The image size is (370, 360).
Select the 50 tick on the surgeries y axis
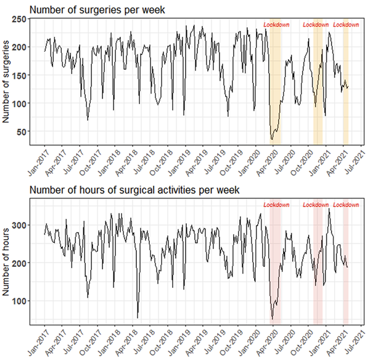click(23, 131)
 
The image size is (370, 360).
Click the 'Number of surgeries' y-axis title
click(7, 81)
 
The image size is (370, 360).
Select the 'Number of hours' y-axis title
click(7, 264)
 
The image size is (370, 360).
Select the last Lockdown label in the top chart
click(346, 25)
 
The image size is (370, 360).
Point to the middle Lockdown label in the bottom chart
click(316, 205)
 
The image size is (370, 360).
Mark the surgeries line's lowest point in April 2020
click(271, 140)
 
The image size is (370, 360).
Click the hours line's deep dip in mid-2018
click(138, 317)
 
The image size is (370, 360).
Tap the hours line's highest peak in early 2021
click(329, 209)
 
